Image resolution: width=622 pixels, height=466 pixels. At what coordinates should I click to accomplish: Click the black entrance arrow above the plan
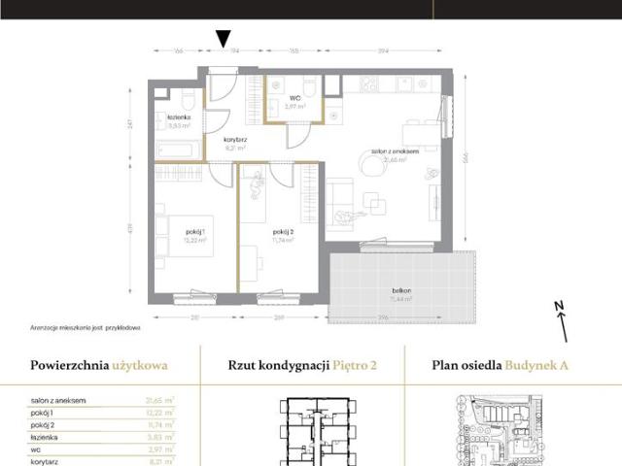click(224, 39)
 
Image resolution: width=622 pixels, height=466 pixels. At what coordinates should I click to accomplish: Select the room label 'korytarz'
click(234, 140)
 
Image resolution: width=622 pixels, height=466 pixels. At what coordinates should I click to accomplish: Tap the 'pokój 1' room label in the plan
click(195, 231)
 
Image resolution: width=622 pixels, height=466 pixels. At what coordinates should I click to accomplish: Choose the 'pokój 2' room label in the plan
click(284, 231)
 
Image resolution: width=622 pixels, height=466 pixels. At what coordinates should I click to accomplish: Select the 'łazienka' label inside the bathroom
click(178, 117)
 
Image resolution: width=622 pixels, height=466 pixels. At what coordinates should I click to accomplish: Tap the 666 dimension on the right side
click(466, 158)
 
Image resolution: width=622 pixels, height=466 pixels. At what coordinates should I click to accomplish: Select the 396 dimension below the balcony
click(384, 316)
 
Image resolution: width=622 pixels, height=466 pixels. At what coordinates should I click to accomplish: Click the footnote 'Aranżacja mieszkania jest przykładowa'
click(86, 327)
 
